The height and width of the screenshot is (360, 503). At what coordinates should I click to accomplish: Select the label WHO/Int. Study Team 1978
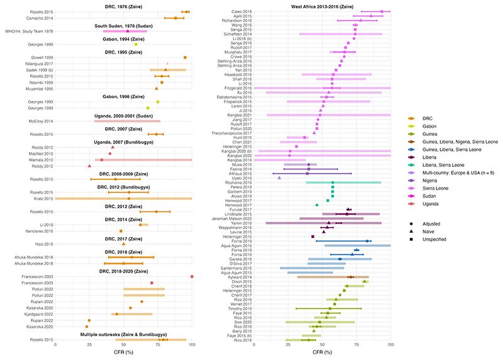click(x=28, y=31)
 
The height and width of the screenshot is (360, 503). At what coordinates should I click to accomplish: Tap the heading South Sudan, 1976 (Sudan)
click(x=124, y=25)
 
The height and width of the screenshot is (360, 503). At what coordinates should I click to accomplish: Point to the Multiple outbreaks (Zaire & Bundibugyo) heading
click(x=124, y=333)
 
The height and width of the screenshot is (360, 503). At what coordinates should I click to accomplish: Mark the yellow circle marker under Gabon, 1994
click(x=136, y=44)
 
